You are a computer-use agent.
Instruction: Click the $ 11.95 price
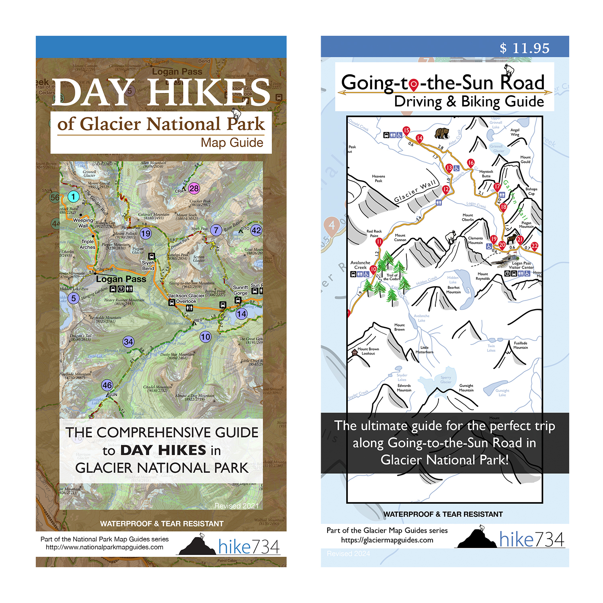coord(524,48)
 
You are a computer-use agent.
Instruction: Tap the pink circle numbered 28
coord(194,188)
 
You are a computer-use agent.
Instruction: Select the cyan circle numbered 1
coord(73,197)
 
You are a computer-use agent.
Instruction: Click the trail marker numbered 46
coord(107,385)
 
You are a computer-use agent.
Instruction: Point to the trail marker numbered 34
coord(128,342)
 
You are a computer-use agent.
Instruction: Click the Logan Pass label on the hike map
coord(121,279)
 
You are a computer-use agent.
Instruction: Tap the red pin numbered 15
coord(406,130)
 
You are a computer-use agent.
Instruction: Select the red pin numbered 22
coord(534,246)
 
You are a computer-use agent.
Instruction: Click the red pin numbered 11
coord(379,242)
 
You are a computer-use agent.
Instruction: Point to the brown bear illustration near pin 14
coord(442,133)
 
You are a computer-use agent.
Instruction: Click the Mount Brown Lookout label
coord(368,351)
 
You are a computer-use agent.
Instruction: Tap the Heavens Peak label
coord(378,178)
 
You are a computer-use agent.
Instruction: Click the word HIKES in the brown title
coord(209,93)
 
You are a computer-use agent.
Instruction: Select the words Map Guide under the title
coord(232,143)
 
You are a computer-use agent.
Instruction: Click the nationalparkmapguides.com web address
coord(105,547)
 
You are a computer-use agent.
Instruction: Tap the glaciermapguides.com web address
coord(387,540)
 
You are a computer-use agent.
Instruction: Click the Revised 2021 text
coord(236,506)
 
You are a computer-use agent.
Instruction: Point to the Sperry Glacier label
coord(445,379)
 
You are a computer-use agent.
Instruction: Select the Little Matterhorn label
coord(425,349)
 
